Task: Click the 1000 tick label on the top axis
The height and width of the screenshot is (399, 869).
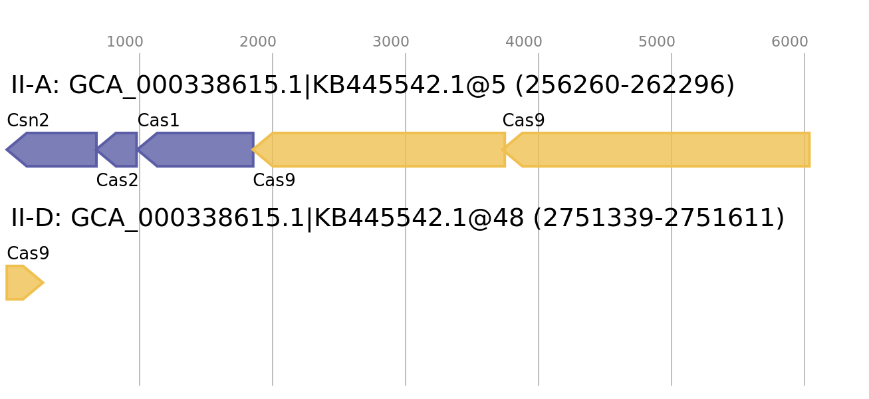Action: pyautogui.click(x=125, y=41)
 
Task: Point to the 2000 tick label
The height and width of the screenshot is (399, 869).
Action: pyautogui.click(x=258, y=41)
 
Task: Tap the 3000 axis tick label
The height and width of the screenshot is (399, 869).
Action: pyautogui.click(x=391, y=41)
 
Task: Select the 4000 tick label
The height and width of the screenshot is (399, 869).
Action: pyautogui.click(x=524, y=41)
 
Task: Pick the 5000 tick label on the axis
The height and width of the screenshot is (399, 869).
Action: pyautogui.click(x=657, y=41)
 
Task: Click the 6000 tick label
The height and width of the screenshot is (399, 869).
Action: pyautogui.click(x=790, y=41)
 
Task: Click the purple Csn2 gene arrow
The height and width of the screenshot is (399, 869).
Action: pyautogui.click(x=52, y=150)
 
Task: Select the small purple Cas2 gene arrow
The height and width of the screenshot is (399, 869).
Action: pyautogui.click(x=117, y=150)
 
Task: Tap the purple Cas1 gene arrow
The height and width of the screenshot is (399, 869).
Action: pyautogui.click(x=196, y=150)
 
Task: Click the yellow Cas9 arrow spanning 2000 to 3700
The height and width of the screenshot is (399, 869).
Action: pyautogui.click(x=378, y=150)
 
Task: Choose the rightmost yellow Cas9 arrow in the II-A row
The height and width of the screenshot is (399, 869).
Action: pyautogui.click(x=656, y=150)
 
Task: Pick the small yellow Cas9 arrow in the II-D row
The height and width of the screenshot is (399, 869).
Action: pyautogui.click(x=25, y=283)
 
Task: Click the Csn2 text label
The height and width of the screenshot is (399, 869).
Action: pyautogui.click(x=28, y=120)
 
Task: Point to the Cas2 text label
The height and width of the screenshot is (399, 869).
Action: pyautogui.click(x=117, y=180)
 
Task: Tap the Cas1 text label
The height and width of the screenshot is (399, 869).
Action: pyautogui.click(x=158, y=120)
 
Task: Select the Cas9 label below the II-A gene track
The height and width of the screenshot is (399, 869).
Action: pyautogui.click(x=275, y=180)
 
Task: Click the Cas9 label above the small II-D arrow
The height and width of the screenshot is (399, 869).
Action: pyautogui.click(x=29, y=253)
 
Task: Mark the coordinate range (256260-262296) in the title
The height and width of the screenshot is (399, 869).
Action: pyautogui.click(x=624, y=85)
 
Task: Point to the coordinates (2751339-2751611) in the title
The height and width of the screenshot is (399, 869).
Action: pyautogui.click(x=659, y=218)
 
